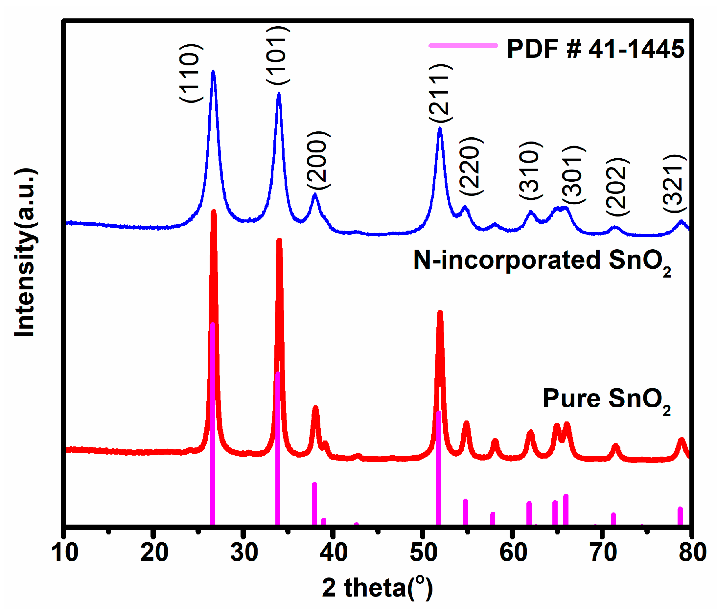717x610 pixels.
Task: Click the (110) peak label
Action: (190, 73)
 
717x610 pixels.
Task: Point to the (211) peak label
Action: (439, 93)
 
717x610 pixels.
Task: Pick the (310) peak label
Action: (530, 170)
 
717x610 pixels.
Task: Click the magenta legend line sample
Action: (462, 45)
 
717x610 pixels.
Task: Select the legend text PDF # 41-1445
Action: (595, 48)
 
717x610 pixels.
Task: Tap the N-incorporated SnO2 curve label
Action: (541, 261)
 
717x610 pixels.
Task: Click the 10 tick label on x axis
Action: (65, 552)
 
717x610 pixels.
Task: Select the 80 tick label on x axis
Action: (692, 552)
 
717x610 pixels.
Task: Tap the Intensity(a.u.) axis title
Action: (25, 252)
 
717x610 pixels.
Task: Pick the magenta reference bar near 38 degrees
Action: (314, 504)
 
